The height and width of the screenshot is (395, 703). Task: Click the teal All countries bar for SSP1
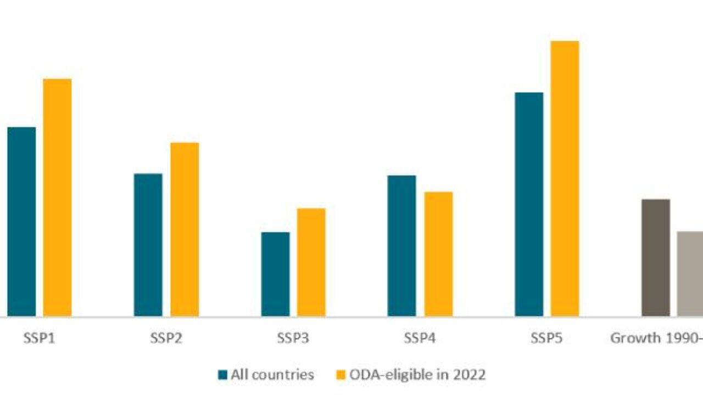(x=21, y=222)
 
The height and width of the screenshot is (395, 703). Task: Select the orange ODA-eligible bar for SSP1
(x=57, y=198)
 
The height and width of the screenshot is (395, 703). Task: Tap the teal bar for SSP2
(x=148, y=245)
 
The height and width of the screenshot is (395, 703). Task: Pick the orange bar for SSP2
(x=185, y=229)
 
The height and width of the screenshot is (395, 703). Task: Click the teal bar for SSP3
(x=275, y=274)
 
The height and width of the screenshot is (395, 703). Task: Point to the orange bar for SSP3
(x=311, y=262)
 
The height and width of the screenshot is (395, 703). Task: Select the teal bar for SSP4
(x=402, y=246)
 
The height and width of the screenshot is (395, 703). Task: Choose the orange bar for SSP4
(x=438, y=254)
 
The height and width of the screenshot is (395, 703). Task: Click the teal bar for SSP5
(x=529, y=204)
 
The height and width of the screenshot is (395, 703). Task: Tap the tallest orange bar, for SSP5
(x=565, y=178)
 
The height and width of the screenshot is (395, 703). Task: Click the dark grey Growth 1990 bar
(x=656, y=258)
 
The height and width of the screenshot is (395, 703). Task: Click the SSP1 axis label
(x=39, y=338)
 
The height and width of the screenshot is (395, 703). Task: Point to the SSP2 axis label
(x=166, y=338)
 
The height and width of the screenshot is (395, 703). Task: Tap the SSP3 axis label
(x=293, y=338)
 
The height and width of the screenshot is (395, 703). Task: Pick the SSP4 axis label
(x=420, y=338)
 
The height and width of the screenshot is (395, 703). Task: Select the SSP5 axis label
(x=546, y=338)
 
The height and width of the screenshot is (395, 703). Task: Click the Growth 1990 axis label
(x=656, y=338)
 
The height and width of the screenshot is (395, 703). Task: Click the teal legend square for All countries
(x=222, y=375)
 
